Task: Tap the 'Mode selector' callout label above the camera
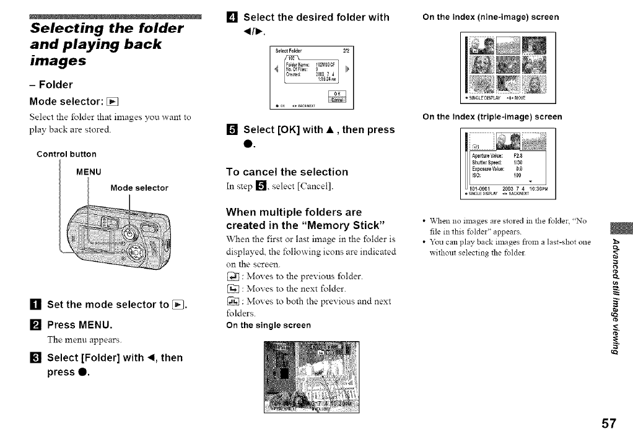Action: pyautogui.click(x=139, y=188)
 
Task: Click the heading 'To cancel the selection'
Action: pyautogui.click(x=287, y=171)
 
